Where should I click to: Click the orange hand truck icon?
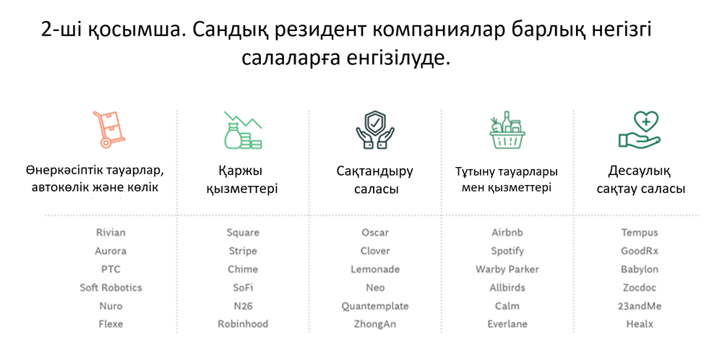pyautogui.click(x=109, y=130)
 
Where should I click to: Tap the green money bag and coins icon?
pyautogui.click(x=243, y=130)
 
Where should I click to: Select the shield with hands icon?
pyautogui.click(x=375, y=129)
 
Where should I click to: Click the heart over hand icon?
pyautogui.click(x=639, y=129)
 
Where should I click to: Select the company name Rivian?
pyautogui.click(x=111, y=232)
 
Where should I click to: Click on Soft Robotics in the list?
pyautogui.click(x=111, y=288)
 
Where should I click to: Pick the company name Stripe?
pyautogui.click(x=243, y=251)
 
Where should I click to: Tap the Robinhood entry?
pyautogui.click(x=243, y=324)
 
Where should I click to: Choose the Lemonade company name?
pyautogui.click(x=375, y=270)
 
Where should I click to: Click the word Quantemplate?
pyautogui.click(x=375, y=306)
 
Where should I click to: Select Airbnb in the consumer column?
pyautogui.click(x=507, y=232)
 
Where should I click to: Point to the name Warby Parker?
pyautogui.click(x=507, y=270)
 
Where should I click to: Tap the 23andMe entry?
pyautogui.click(x=639, y=306)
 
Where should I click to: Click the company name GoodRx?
pyautogui.click(x=639, y=251)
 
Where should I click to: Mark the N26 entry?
pyautogui.click(x=243, y=306)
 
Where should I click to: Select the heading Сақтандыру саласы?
pyautogui.click(x=375, y=180)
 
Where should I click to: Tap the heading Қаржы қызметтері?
pyautogui.click(x=242, y=180)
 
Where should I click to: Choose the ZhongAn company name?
pyautogui.click(x=375, y=325)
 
